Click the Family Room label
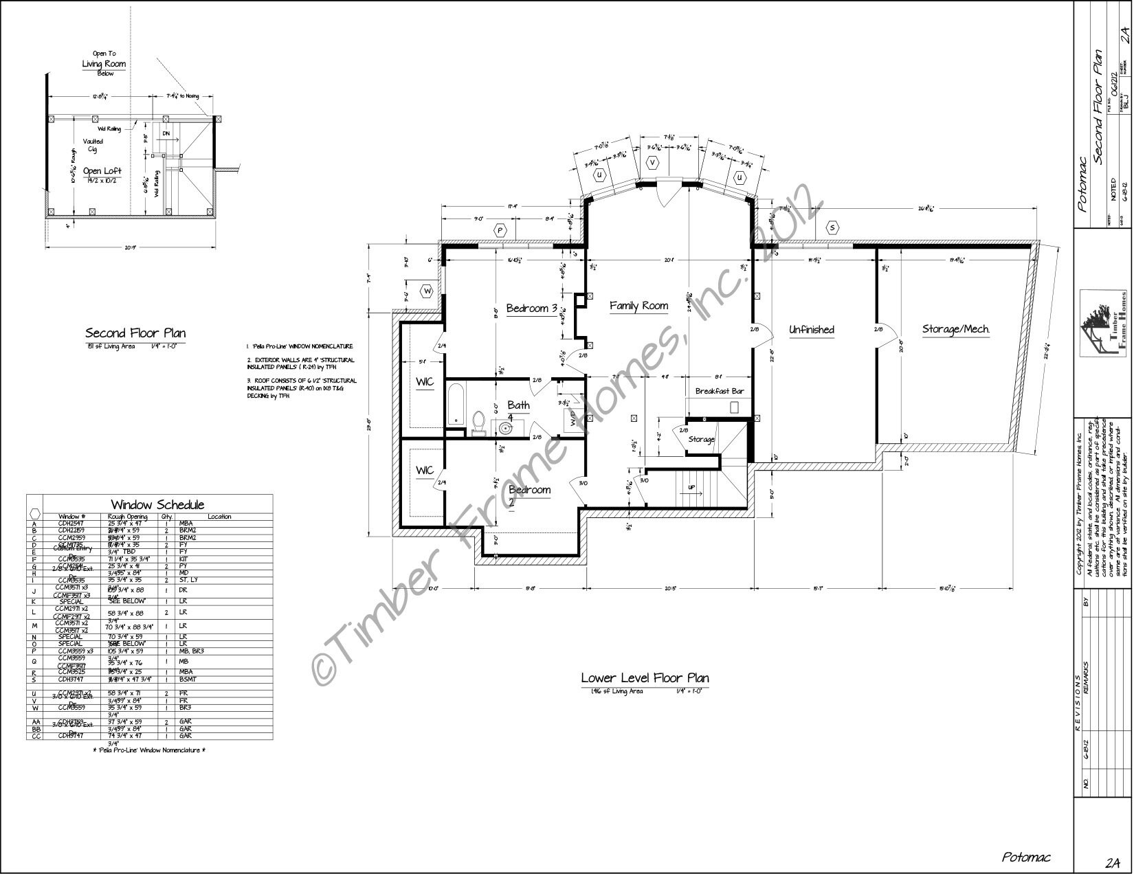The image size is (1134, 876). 638,306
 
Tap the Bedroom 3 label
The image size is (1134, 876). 531,308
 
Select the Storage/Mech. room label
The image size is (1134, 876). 955,330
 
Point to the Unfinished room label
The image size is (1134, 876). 811,330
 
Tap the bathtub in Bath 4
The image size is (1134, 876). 454,405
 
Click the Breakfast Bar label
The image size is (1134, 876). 720,391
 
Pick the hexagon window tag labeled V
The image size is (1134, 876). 653,163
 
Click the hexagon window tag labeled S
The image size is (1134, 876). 833,227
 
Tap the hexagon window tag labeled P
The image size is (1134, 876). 500,230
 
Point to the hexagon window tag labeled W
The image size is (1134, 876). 427,291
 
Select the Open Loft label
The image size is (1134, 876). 102,171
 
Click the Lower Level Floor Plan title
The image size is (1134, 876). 645,678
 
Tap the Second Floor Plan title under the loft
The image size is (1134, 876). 135,333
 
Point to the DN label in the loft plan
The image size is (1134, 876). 166,133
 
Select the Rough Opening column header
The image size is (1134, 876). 128,517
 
